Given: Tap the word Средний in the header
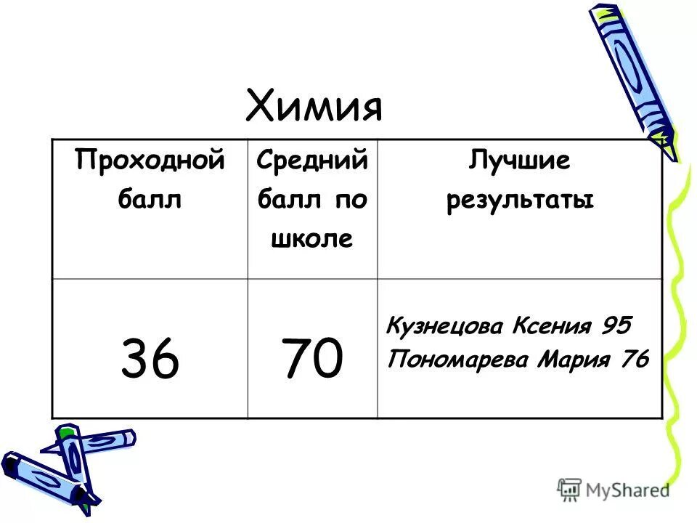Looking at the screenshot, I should [x=312, y=159].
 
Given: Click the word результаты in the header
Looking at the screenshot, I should [x=520, y=200].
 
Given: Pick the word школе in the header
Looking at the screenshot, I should [x=311, y=239].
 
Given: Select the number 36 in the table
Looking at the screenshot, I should [x=149, y=360].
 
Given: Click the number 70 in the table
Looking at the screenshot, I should [x=313, y=360].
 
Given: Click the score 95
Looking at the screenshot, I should [x=616, y=325].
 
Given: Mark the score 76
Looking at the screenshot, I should [x=632, y=360].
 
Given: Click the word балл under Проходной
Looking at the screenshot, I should [x=149, y=199].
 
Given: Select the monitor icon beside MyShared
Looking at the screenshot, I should [x=570, y=490].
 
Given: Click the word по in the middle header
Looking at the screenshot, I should [x=351, y=200].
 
